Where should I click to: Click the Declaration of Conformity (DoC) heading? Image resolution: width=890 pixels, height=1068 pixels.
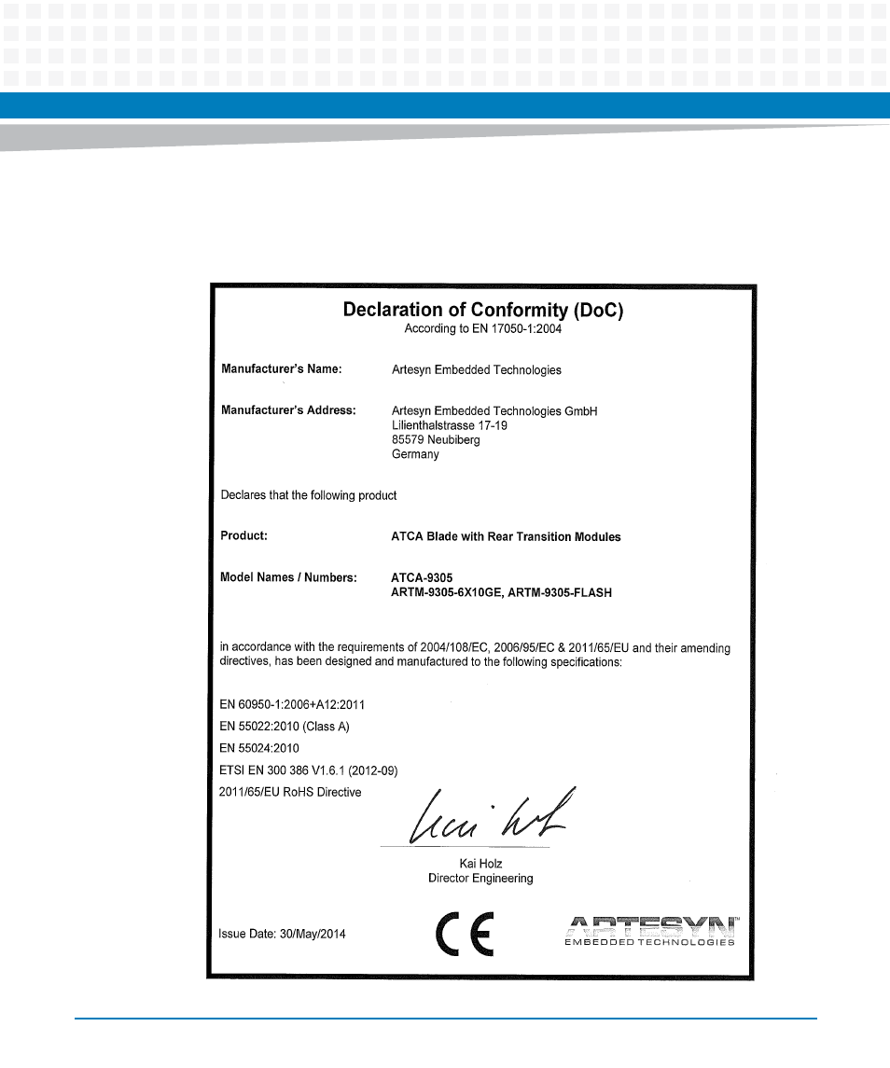[482, 310]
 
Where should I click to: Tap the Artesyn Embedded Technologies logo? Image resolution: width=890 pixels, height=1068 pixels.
[649, 930]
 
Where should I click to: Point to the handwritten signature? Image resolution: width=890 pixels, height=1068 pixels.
[491, 818]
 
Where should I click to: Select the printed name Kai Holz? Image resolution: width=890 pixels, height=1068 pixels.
[480, 864]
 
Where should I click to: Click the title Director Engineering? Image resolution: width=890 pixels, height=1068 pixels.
[480, 878]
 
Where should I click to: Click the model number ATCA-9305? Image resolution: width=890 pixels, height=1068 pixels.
[422, 577]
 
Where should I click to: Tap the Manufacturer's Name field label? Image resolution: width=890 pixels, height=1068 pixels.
[282, 369]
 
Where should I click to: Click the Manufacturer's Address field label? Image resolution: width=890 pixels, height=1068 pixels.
[288, 409]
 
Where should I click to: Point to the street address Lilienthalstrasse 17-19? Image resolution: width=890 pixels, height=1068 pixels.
[450, 425]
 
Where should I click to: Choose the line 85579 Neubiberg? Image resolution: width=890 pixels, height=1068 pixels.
[436, 439]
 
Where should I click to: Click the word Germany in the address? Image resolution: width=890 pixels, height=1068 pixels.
[415, 454]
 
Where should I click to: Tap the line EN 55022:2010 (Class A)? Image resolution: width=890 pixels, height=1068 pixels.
[285, 726]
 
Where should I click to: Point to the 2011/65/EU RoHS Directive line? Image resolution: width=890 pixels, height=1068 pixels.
[290, 792]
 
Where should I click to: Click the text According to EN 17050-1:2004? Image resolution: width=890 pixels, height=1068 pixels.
[482, 328]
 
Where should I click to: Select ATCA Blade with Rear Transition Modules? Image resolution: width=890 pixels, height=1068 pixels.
[506, 536]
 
